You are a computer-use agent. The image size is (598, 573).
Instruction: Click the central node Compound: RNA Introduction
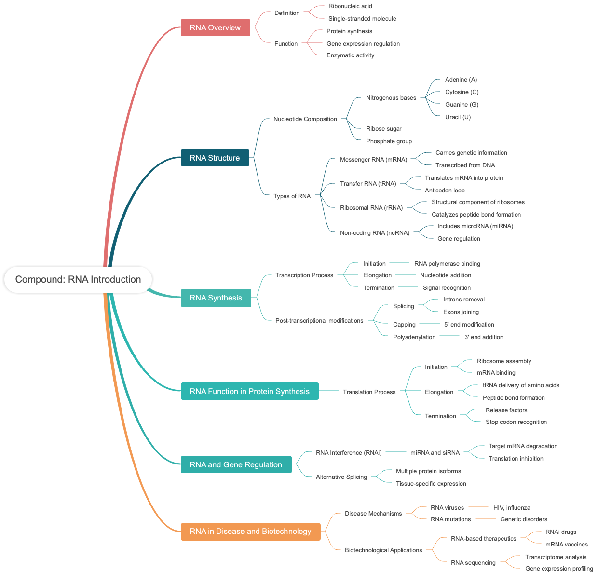coord(78,279)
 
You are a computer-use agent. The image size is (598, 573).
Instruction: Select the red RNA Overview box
coord(215,27)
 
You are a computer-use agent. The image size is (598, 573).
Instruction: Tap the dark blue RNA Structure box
coord(215,158)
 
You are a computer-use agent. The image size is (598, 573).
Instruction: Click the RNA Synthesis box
coord(216,298)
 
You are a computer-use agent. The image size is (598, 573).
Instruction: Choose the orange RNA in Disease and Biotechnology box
coord(250,531)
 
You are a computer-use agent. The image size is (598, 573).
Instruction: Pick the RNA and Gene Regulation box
coord(236,464)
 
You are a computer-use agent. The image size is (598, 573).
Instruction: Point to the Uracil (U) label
coord(458,117)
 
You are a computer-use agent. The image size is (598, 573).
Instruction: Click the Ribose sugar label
coord(383,129)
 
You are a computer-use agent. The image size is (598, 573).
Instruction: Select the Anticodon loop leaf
coord(445,191)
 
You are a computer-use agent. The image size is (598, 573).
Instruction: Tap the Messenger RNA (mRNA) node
coord(373,160)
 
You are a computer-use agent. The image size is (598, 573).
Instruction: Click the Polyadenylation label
coord(414,337)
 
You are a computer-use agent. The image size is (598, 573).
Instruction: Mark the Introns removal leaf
coord(463,300)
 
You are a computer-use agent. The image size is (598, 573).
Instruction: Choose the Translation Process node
coord(369,392)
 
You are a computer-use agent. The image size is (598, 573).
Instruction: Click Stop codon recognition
coord(516,422)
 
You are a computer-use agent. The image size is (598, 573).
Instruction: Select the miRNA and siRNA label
coord(435,453)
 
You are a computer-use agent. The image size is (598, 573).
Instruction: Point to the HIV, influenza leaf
coord(512,508)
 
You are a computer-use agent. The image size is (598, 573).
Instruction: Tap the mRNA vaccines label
coord(566,545)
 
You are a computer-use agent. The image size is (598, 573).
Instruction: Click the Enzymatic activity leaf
coord(350,55)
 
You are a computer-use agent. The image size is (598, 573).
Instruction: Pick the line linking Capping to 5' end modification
coord(430,323)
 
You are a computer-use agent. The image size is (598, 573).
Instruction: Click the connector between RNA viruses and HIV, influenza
coord(478,506)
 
